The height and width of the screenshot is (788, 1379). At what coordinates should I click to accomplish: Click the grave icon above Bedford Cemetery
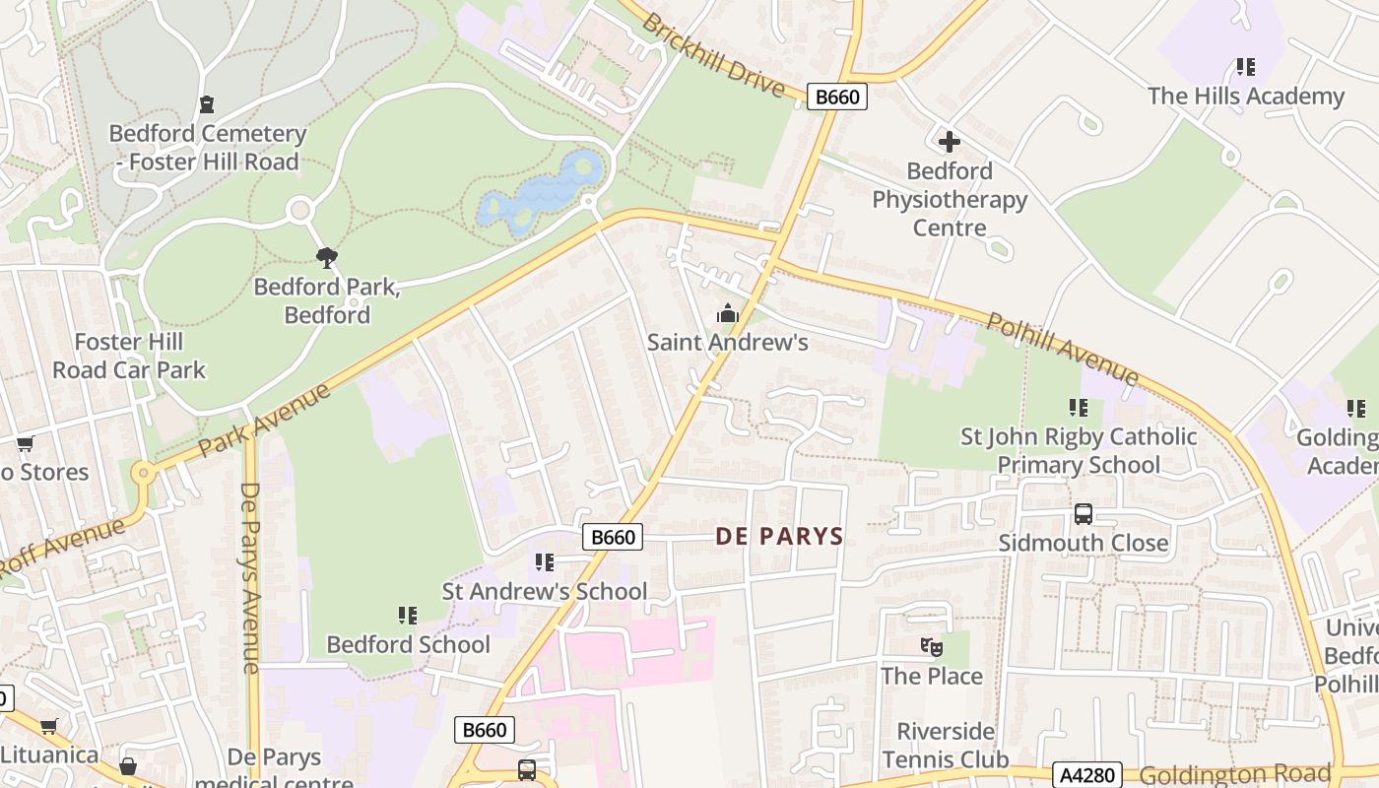(x=206, y=103)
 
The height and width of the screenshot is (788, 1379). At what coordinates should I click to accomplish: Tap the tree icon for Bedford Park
(x=327, y=258)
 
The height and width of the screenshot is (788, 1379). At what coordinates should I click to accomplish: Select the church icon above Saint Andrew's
(x=728, y=314)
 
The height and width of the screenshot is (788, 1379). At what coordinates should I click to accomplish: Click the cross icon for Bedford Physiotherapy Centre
(x=949, y=142)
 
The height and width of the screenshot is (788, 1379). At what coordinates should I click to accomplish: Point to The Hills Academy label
(x=1245, y=97)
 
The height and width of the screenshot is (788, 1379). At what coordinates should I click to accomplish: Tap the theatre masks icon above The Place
(x=931, y=647)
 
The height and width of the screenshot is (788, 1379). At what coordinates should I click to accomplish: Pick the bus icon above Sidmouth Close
(x=1083, y=514)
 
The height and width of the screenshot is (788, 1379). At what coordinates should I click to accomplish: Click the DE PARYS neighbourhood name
(x=779, y=537)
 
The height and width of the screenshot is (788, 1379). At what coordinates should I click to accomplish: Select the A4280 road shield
(x=1087, y=775)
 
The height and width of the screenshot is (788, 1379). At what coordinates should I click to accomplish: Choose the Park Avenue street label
(x=264, y=421)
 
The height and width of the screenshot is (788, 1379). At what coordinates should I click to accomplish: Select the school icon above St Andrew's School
(x=544, y=562)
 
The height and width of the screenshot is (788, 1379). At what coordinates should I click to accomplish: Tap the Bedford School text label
(x=408, y=644)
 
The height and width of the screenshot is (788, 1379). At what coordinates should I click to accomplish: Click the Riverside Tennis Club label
(x=945, y=746)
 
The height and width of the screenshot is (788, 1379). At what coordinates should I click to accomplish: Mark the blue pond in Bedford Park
(x=540, y=193)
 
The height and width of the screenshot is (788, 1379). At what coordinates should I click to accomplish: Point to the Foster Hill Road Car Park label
(x=129, y=356)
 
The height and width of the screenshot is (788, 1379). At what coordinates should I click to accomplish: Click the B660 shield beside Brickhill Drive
(x=836, y=97)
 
